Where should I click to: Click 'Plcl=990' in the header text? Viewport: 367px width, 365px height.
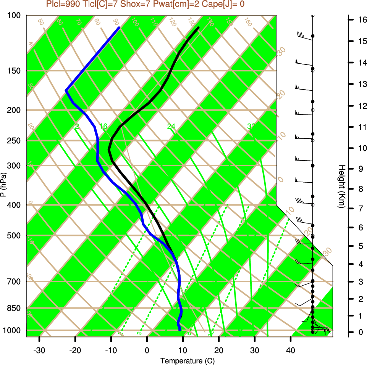pyautogui.click(x=63, y=5)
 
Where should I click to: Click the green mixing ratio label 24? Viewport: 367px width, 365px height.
pyautogui.click(x=171, y=126)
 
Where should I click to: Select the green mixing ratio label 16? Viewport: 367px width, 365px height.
pyautogui.click(x=103, y=126)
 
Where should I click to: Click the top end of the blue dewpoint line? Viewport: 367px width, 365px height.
pyautogui.click(x=119, y=27)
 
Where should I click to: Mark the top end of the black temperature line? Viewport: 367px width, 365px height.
pyautogui.click(x=198, y=27)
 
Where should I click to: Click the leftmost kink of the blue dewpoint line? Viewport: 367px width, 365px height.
pyautogui.click(x=66, y=90)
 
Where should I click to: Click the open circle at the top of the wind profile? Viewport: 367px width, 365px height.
pyautogui.click(x=313, y=15)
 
